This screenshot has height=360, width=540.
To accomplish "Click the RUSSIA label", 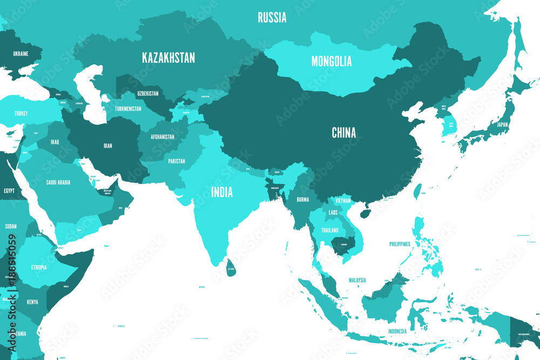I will point(272,18).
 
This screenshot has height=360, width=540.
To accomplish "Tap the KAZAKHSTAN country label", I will point(168,58).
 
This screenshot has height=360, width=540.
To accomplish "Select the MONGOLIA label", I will point(332,61).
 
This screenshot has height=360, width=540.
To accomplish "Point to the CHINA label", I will point(344,132).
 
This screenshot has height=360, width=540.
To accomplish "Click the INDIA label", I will point(222,192).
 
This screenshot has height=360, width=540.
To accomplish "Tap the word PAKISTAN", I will point(177,161).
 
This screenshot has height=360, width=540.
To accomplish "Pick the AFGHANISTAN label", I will point(163,137).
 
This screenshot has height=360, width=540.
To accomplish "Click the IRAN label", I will point(108,146).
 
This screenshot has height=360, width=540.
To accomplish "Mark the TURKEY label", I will point(21,113).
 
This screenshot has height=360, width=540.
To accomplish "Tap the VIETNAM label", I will point(343,200).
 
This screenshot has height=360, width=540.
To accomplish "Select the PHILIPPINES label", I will point(400,244).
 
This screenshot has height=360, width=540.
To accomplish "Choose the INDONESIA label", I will point(397,331).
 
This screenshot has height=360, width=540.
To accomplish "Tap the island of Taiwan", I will point(417,191).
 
